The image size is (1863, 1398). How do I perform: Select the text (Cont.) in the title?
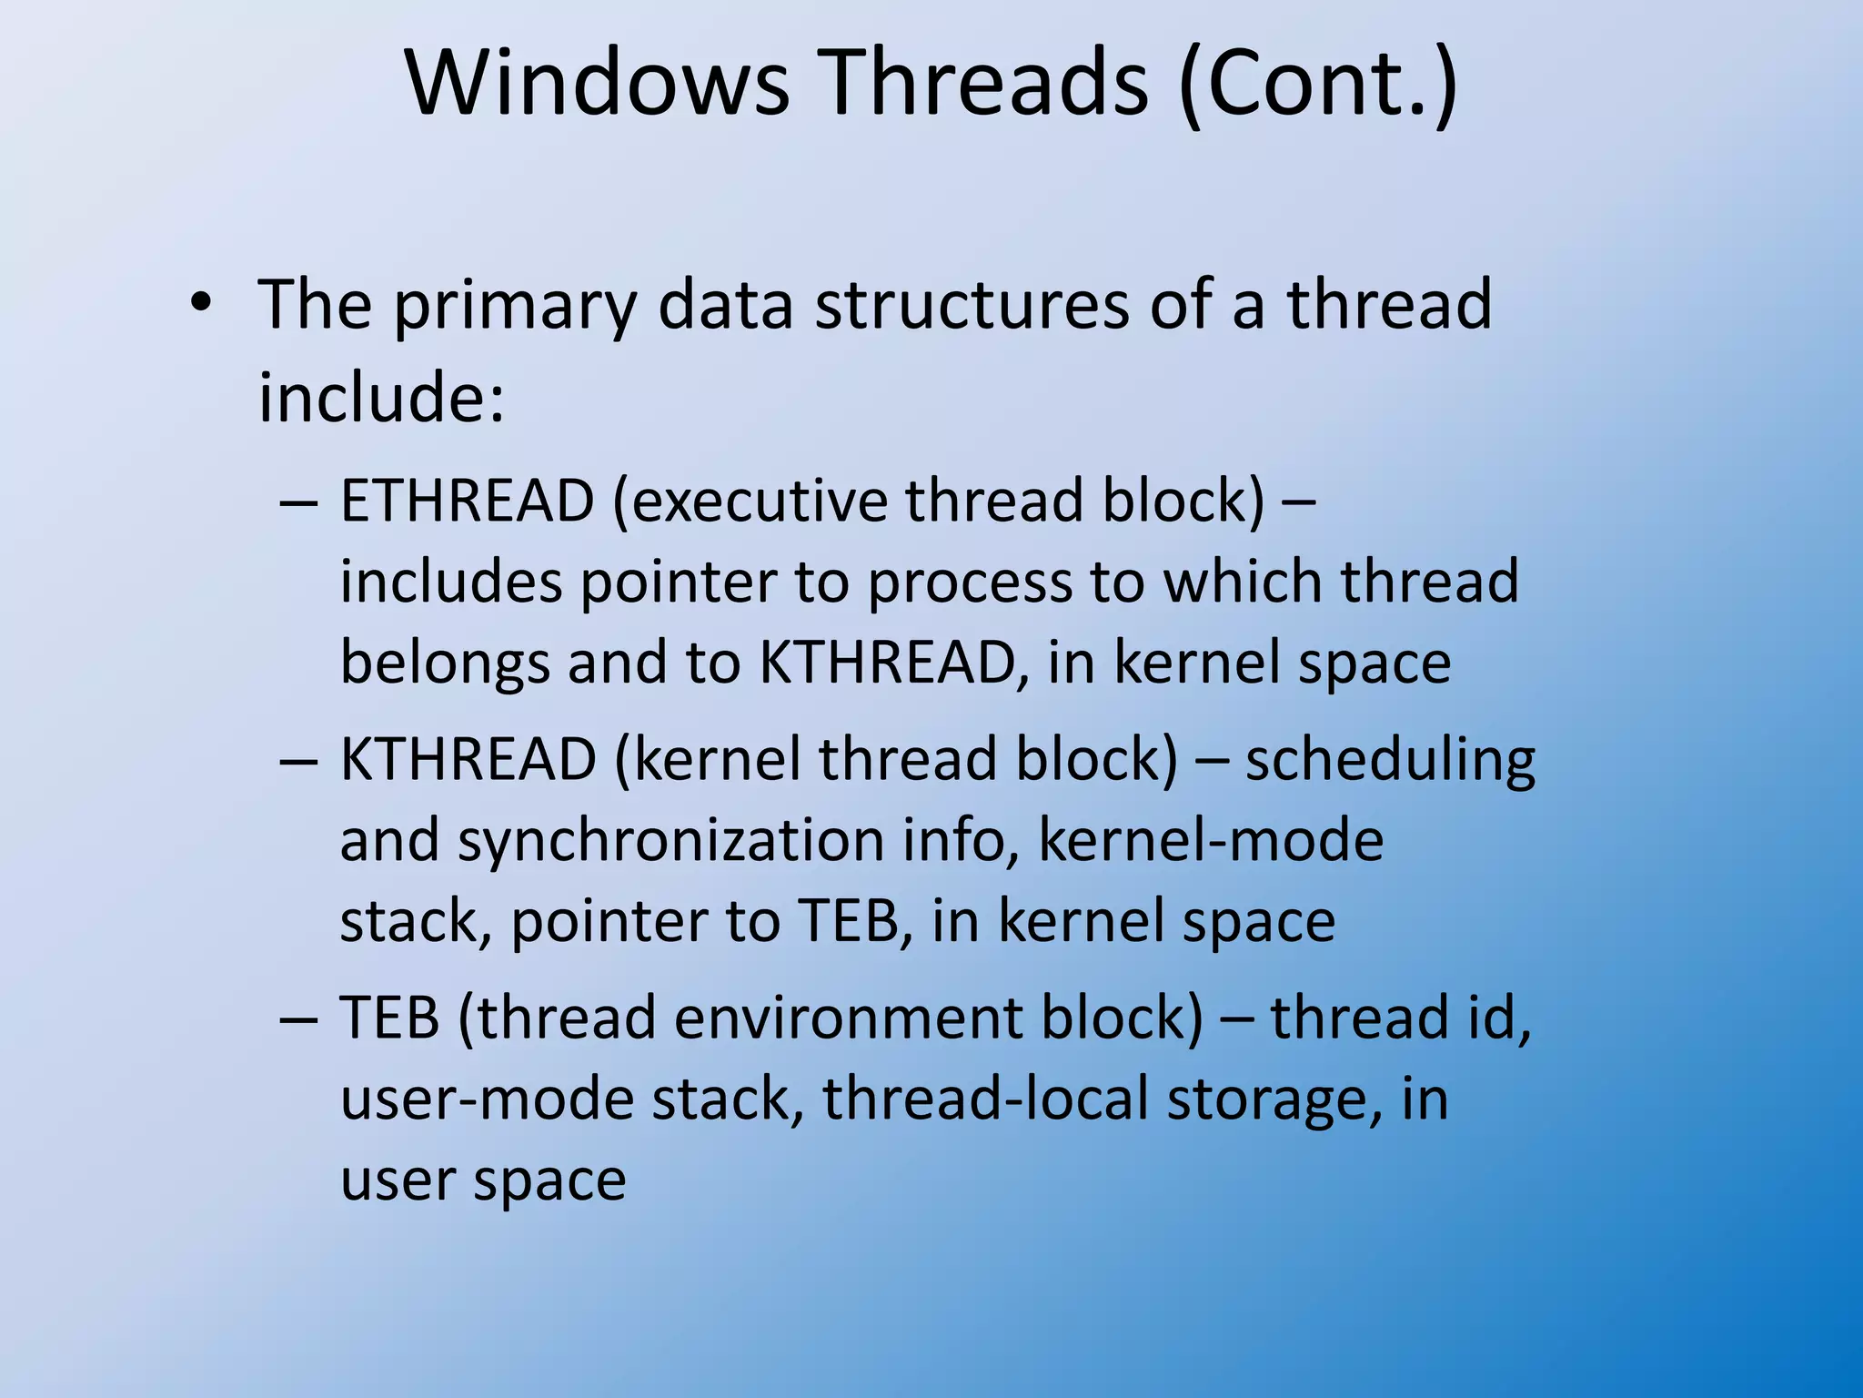pyautogui.click(x=1318, y=84)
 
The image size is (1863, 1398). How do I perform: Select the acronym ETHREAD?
pyautogui.click(x=467, y=501)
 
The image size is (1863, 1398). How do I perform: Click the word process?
pyautogui.click(x=970, y=583)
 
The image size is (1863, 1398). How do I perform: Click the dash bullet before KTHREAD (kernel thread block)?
pyautogui.click(x=299, y=760)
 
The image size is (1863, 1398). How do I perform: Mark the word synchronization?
pyautogui.click(x=670, y=841)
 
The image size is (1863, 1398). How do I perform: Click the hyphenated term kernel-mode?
pyautogui.click(x=1210, y=839)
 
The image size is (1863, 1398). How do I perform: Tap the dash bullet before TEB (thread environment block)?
pyautogui.click(x=299, y=1018)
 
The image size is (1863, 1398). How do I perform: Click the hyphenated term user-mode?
pyautogui.click(x=487, y=1099)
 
